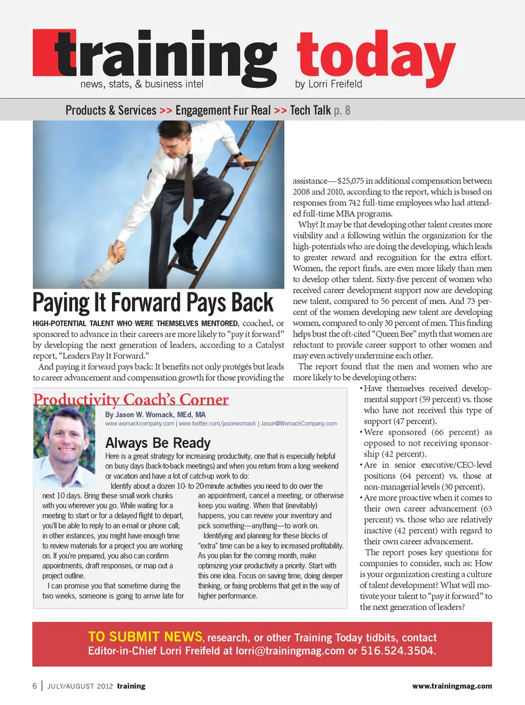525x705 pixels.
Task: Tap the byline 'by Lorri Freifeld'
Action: pyautogui.click(x=328, y=84)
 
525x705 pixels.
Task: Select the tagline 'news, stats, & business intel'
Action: pyautogui.click(x=142, y=84)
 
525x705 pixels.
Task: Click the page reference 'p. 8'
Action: pyautogui.click(x=342, y=110)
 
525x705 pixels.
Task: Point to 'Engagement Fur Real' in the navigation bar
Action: pyautogui.click(x=223, y=110)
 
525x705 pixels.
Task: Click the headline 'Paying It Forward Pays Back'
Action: pyautogui.click(x=153, y=303)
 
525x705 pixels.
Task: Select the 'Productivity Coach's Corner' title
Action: pyautogui.click(x=131, y=399)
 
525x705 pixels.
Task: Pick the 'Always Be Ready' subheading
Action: pyautogui.click(x=158, y=443)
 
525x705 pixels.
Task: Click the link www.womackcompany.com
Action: pyautogui.click(x=139, y=424)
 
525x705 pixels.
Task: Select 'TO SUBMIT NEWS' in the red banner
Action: pyautogui.click(x=145, y=637)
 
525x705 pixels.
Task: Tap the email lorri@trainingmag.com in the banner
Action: pyautogui.click(x=290, y=651)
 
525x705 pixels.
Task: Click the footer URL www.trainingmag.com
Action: pyautogui.click(x=452, y=686)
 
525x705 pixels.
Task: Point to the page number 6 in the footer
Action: pyautogui.click(x=35, y=686)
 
